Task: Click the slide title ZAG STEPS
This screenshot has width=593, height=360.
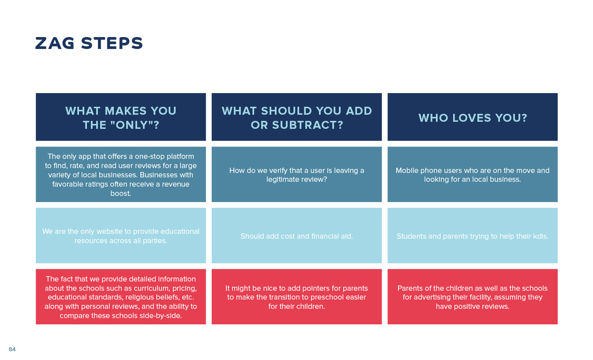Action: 89,43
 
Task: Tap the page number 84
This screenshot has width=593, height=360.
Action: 12,349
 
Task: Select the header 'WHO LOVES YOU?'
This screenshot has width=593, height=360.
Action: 473,118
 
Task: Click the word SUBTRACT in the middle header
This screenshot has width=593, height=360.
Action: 308,125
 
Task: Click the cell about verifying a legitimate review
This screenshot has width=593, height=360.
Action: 296,174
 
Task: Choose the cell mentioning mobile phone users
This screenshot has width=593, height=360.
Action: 473,174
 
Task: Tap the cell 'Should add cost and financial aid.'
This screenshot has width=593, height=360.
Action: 296,236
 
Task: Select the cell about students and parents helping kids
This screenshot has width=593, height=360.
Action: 473,236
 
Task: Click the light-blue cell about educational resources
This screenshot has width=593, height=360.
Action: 121,236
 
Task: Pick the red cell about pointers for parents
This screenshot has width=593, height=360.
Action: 296,297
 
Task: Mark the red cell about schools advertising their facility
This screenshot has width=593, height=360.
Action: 473,297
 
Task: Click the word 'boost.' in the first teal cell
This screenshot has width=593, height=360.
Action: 121,193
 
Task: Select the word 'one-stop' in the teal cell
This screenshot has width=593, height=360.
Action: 149,157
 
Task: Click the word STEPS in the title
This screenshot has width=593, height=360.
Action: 112,43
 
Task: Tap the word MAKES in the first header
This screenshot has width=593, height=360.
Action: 126,111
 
